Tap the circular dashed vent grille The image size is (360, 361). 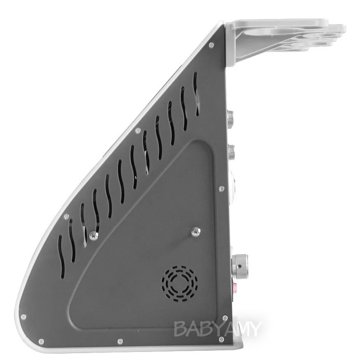point(180,284)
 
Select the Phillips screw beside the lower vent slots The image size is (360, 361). point(94,236)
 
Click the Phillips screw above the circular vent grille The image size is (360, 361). point(196,231)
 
